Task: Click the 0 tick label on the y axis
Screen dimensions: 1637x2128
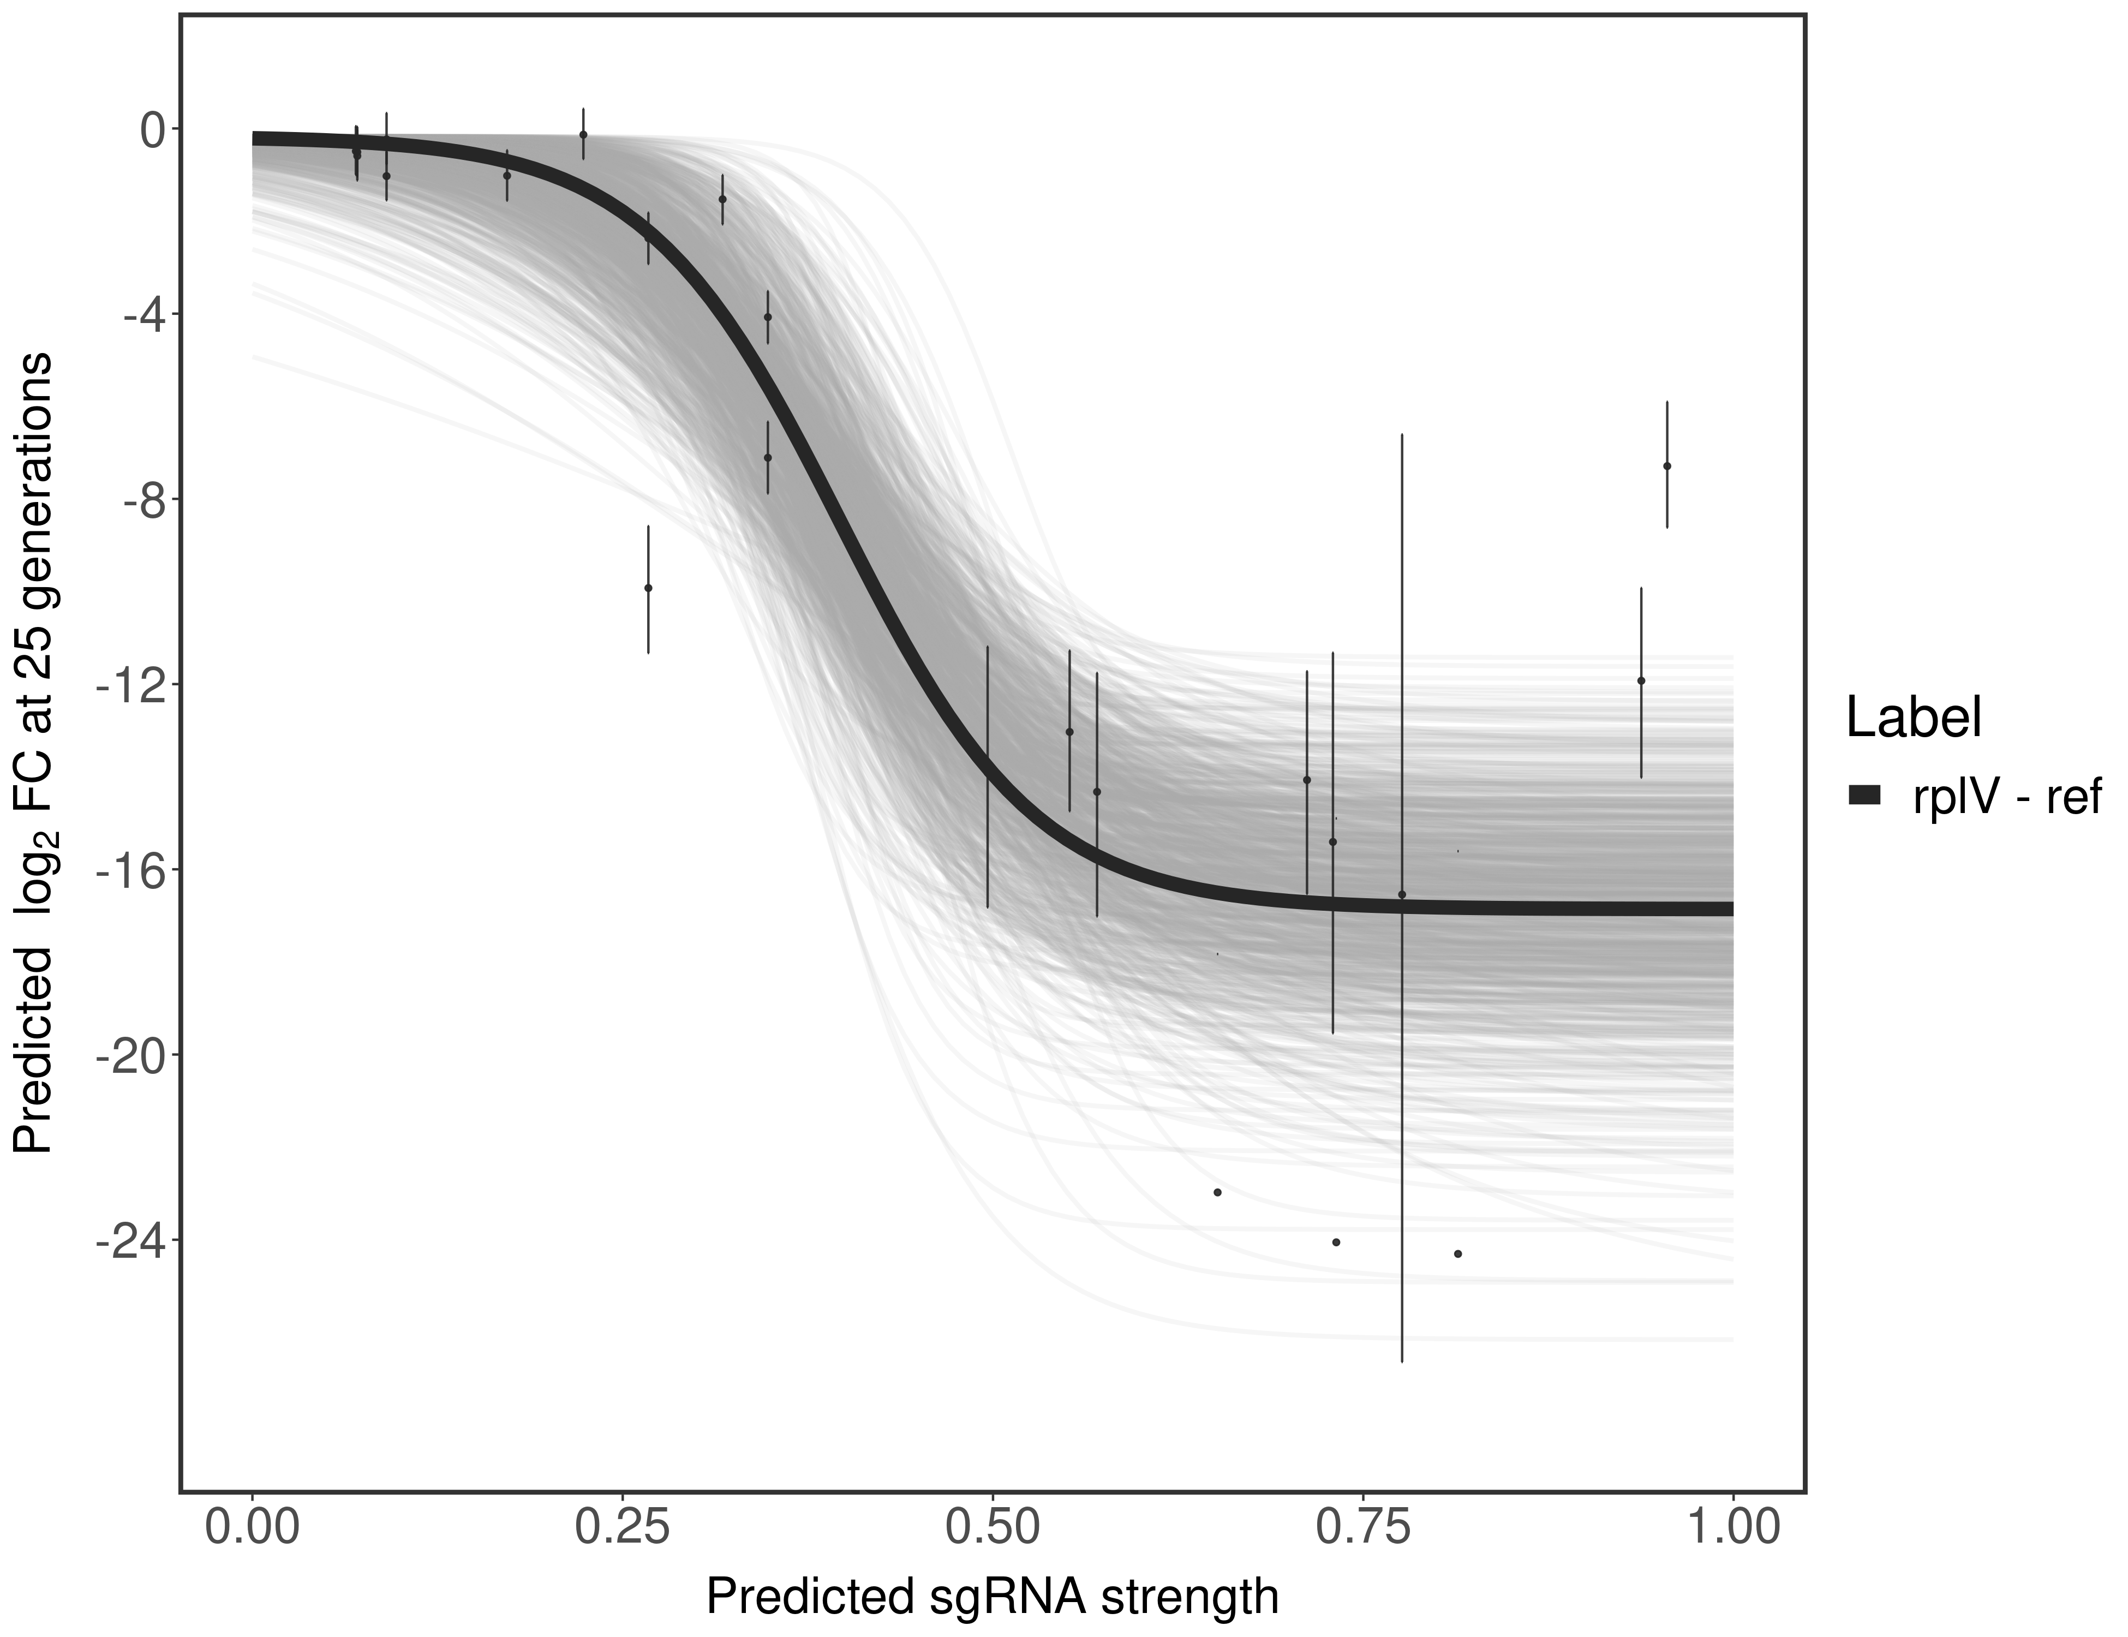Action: pos(152,130)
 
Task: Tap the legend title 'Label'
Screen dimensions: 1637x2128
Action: pos(1914,719)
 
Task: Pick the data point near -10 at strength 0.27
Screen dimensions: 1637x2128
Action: pos(648,588)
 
